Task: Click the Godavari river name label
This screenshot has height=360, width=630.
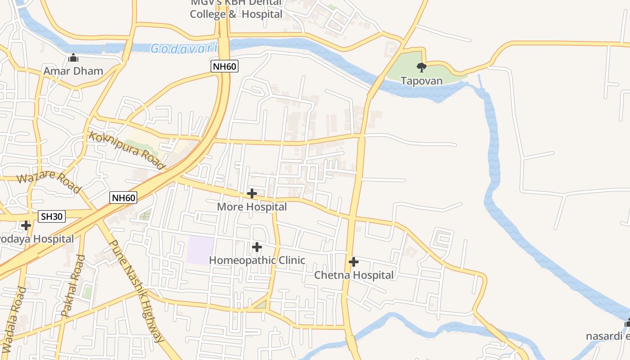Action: tap(184, 48)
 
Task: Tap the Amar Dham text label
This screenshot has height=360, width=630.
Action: tap(73, 71)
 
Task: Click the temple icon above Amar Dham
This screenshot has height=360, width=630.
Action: tap(73, 58)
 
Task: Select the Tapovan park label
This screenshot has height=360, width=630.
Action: tap(422, 81)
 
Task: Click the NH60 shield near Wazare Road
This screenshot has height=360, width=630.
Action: tap(123, 198)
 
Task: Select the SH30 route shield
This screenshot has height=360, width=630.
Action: tap(52, 216)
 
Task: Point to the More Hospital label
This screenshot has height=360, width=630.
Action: tap(252, 207)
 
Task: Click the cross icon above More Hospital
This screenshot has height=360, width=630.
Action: tap(252, 194)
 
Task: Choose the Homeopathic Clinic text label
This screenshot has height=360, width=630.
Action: tap(257, 260)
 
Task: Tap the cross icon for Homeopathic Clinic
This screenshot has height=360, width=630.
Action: tap(257, 247)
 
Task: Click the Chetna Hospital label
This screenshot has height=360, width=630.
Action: tap(354, 275)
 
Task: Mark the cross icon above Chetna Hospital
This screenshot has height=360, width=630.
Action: tap(354, 262)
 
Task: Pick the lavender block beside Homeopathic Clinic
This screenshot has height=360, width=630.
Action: tap(201, 250)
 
